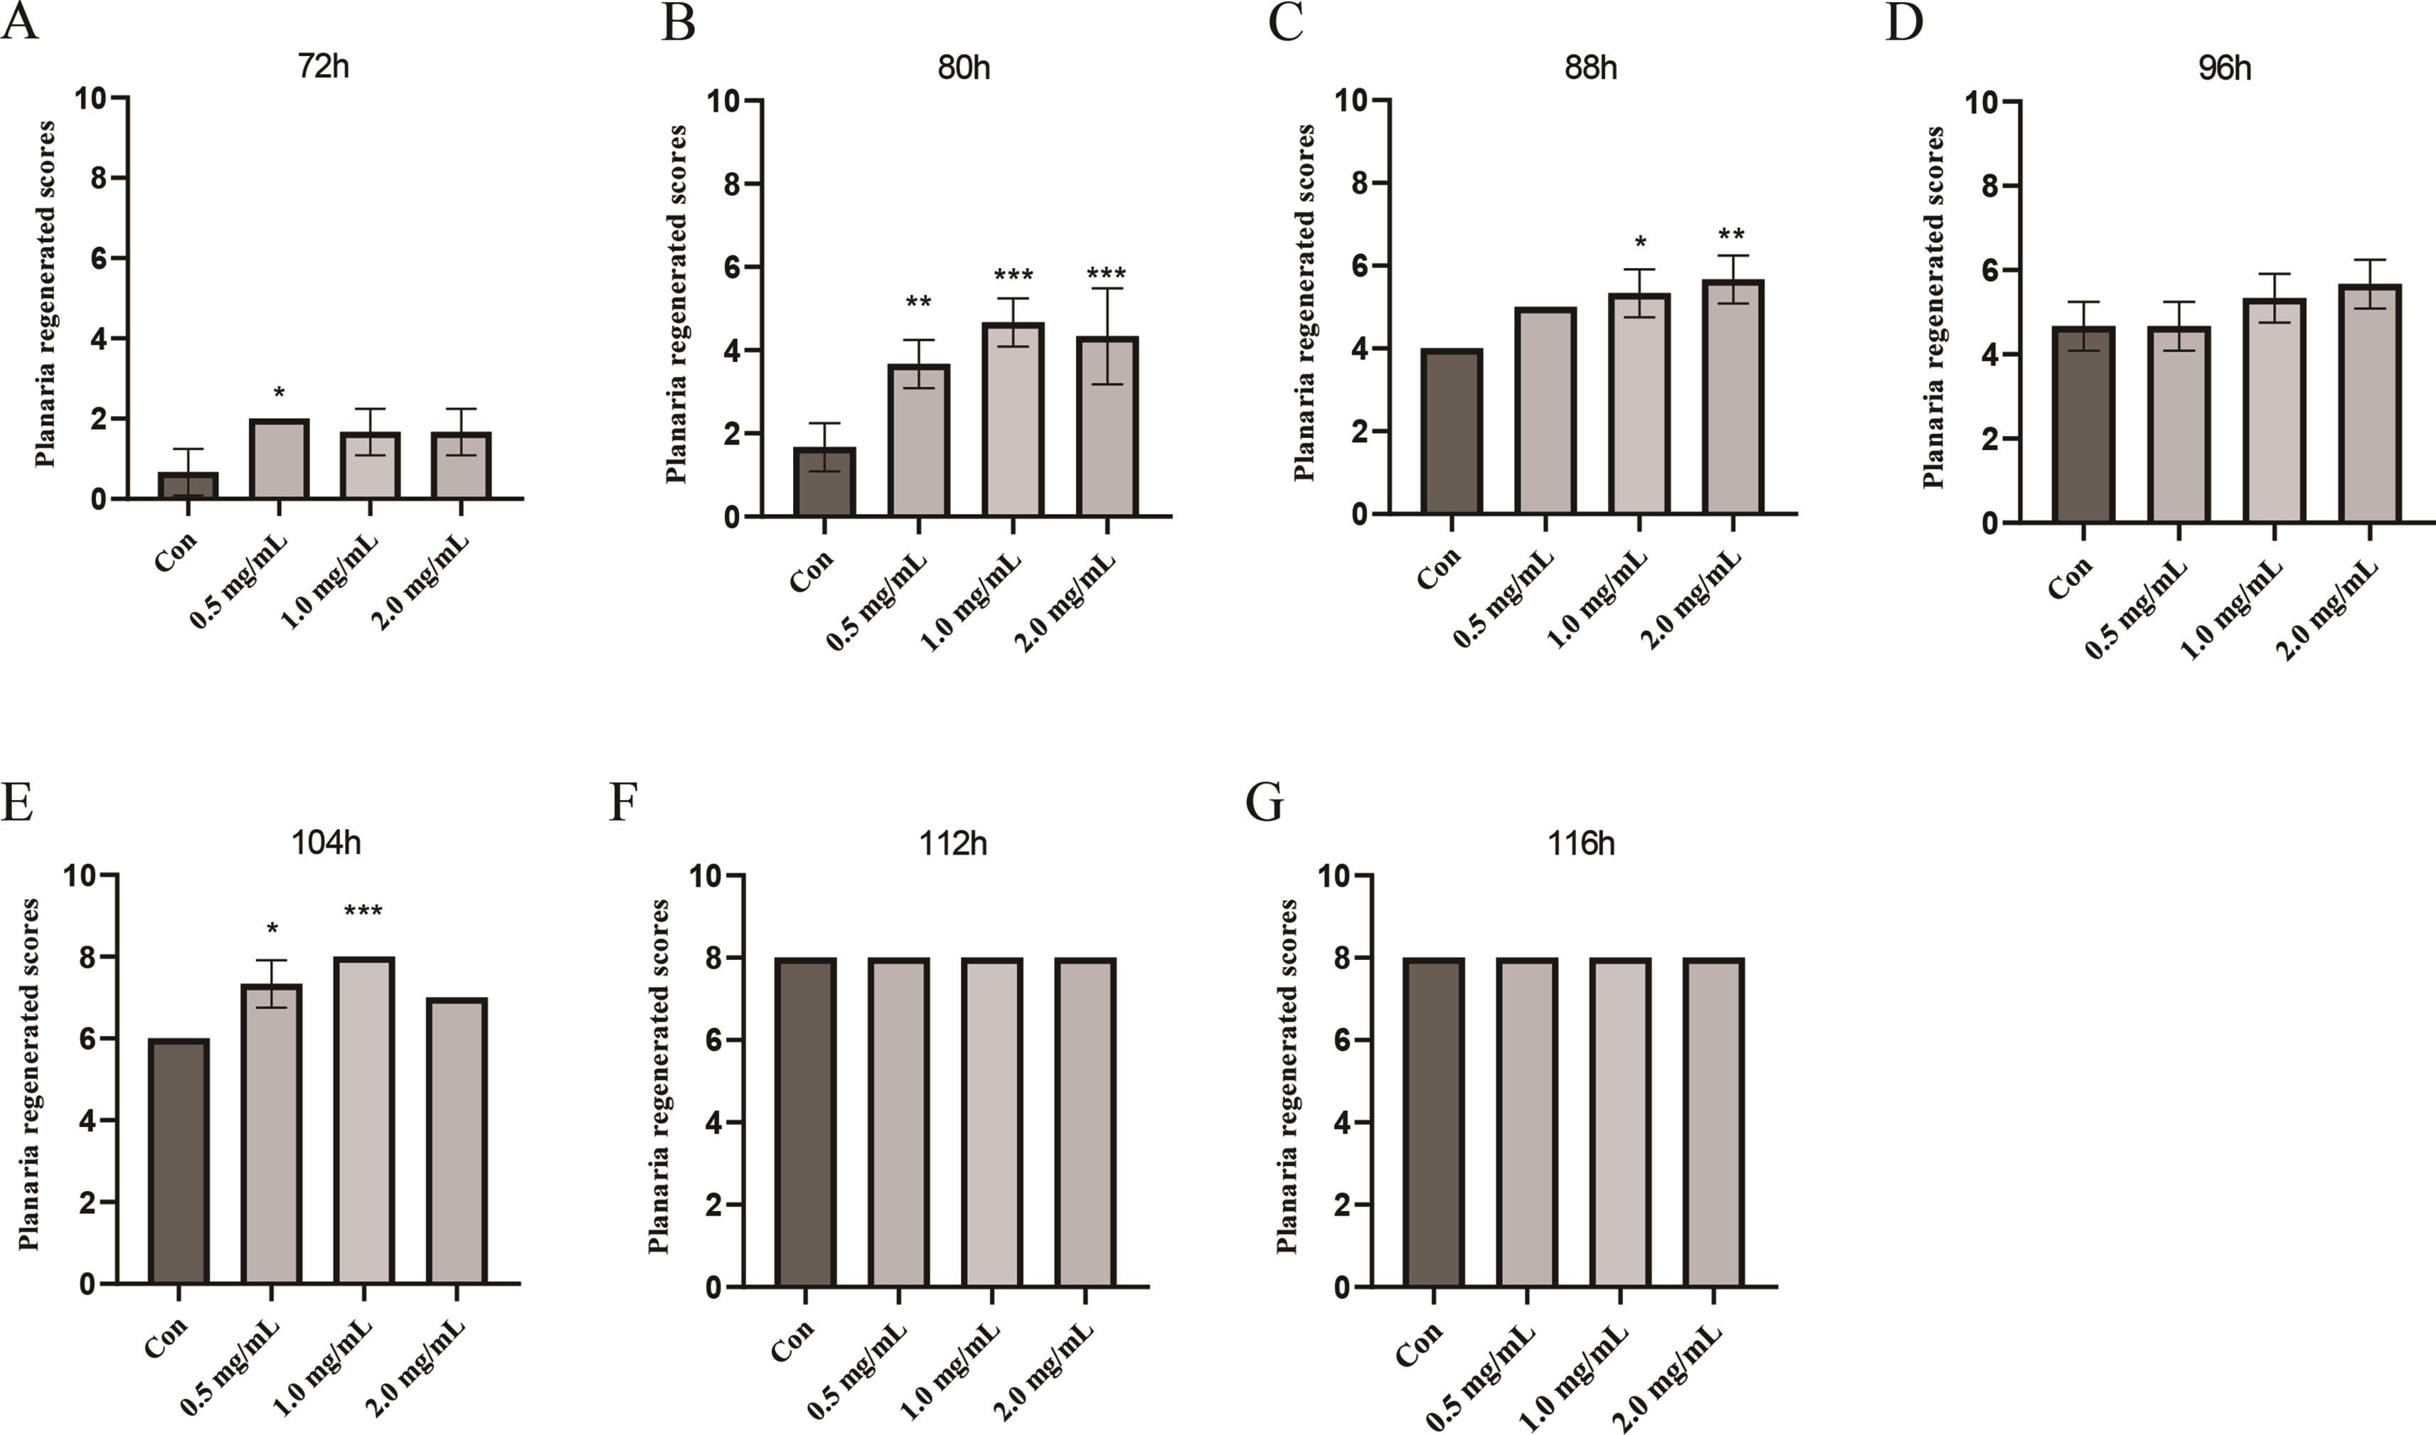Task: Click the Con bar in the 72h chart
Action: coord(188,486)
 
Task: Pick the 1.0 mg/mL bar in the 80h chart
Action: coord(1013,421)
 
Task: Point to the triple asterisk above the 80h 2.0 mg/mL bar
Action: coord(1106,274)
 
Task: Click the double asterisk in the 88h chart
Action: coord(1732,235)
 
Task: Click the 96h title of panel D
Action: coord(2224,69)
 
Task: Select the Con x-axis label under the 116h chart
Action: coord(1420,1344)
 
